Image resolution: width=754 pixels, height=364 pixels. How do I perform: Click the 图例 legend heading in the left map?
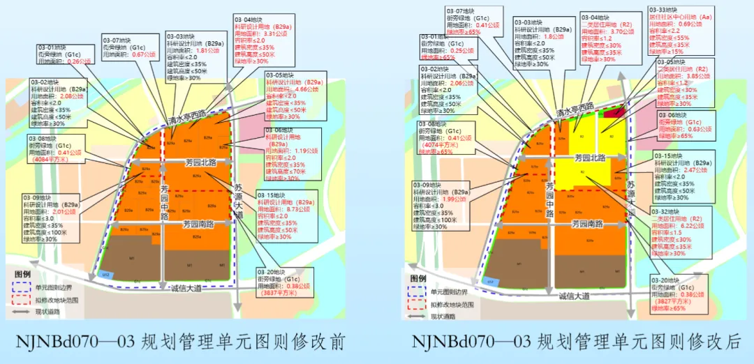coord(22,274)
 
